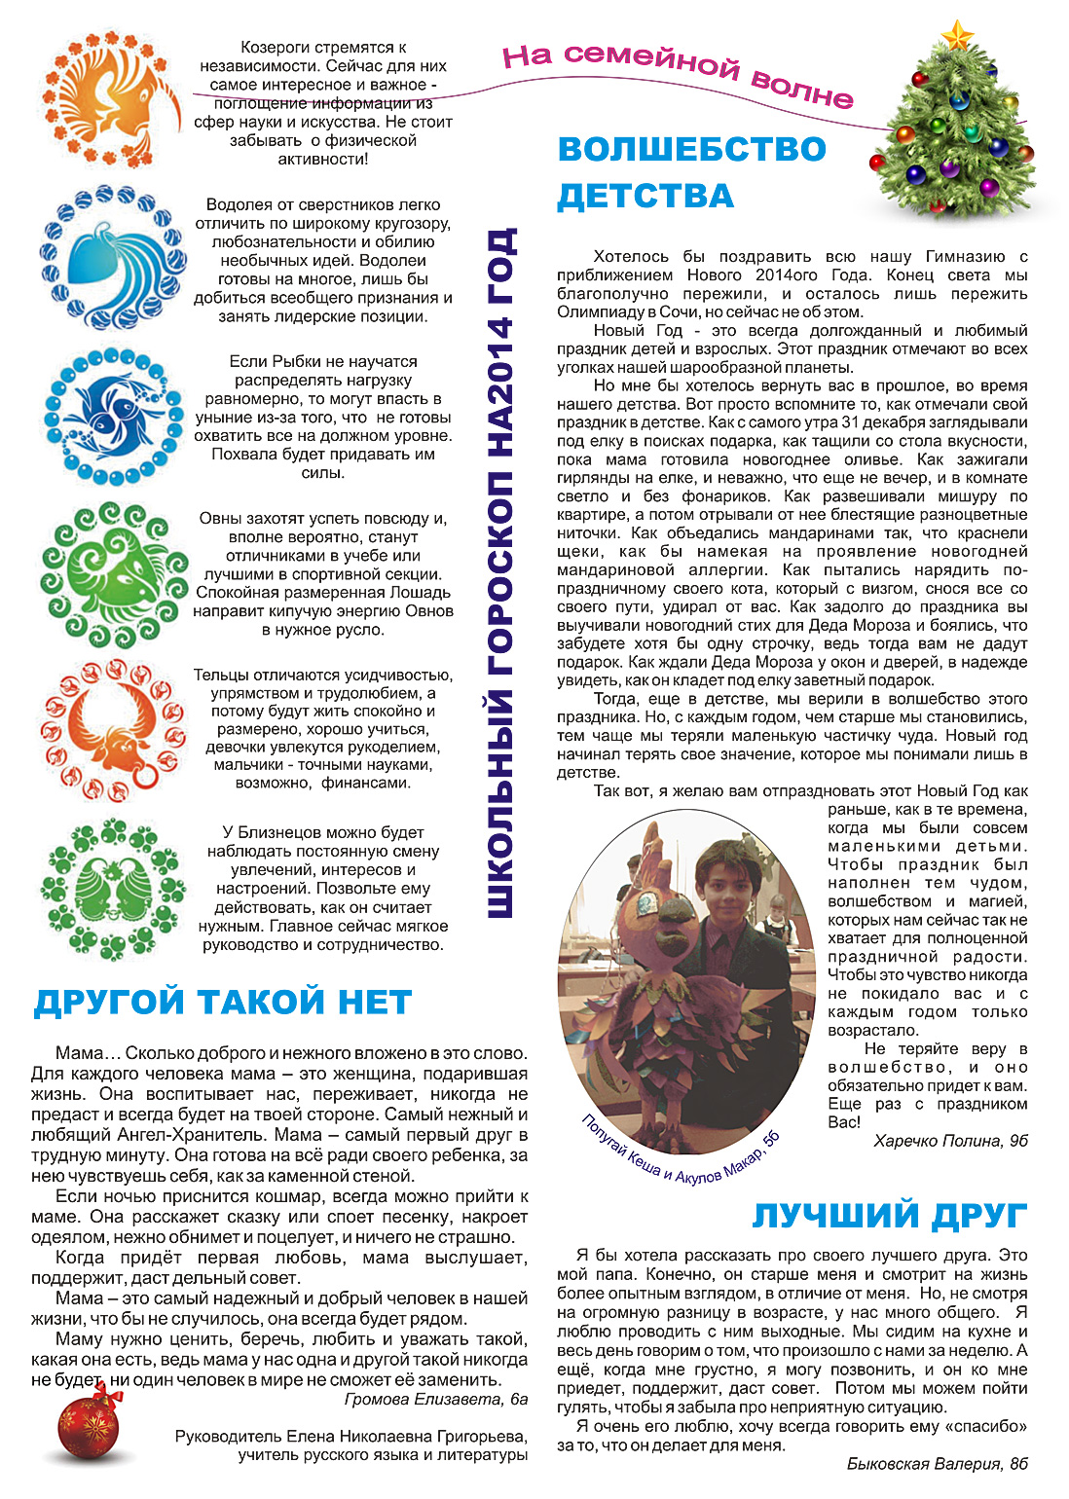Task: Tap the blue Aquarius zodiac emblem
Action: point(114,257)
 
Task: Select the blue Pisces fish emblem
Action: point(114,416)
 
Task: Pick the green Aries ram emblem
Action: point(114,574)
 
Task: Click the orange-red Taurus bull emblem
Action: point(114,729)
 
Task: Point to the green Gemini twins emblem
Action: point(114,888)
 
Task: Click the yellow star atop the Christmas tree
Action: point(958,37)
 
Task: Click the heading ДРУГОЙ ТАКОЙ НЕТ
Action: point(223,1003)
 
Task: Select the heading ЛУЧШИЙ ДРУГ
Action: point(890,1216)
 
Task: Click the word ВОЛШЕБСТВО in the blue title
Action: point(692,149)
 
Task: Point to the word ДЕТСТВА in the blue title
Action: point(645,196)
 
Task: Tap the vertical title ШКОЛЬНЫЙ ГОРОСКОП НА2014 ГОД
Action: point(499,574)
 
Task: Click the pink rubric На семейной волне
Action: point(678,73)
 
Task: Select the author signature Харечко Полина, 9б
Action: point(950,1141)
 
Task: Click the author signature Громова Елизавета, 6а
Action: point(436,1400)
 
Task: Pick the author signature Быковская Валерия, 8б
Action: point(937,1464)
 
